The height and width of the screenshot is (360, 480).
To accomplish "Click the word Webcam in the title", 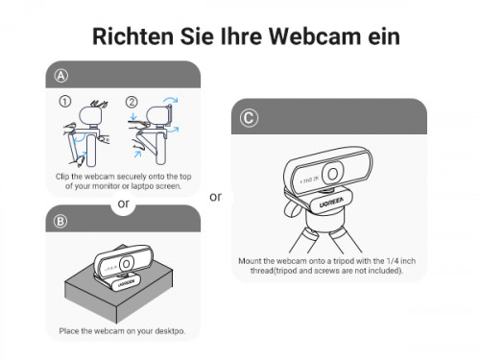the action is tap(316, 36).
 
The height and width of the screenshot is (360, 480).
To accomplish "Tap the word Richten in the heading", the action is tap(132, 36).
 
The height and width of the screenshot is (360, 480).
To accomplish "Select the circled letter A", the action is tap(60, 76).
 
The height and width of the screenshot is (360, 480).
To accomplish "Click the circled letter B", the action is tap(60, 221).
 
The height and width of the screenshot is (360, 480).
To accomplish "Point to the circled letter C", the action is tap(249, 118).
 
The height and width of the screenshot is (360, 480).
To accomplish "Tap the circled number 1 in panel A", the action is tap(65, 102).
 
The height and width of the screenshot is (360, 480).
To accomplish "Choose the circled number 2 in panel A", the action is tap(132, 102).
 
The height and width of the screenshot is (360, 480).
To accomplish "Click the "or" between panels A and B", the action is tap(124, 204).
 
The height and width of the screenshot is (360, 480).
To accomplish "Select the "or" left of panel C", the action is tap(215, 197).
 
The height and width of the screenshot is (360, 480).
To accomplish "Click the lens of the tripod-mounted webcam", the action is tap(332, 174).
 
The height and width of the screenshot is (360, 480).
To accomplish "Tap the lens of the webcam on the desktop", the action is tap(127, 264).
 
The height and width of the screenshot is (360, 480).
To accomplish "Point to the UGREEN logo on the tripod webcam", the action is tap(331, 203).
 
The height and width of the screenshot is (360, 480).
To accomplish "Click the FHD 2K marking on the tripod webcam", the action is tap(309, 180).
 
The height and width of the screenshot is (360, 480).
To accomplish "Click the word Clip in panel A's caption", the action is tap(62, 177).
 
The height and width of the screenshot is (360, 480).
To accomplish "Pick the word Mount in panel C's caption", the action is tap(250, 261).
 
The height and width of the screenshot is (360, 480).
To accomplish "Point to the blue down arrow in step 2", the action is tap(133, 116).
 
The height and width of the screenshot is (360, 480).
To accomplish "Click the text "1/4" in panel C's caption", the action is tap(393, 261).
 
